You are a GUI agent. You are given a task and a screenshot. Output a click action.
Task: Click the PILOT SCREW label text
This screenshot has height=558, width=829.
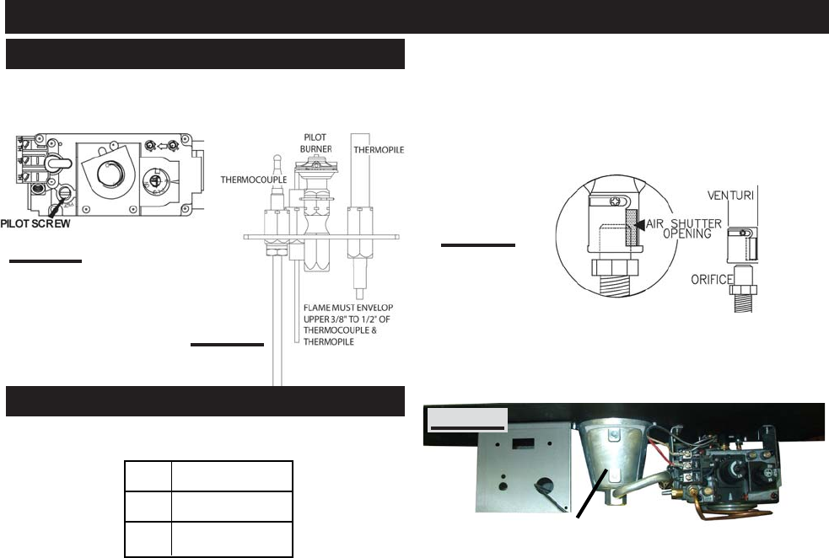coord(35,223)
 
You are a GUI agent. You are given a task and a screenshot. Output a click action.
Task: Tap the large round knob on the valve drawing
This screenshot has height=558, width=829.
coord(110,174)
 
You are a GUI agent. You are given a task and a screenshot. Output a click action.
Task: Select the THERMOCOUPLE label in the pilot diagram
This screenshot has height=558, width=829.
coord(254,180)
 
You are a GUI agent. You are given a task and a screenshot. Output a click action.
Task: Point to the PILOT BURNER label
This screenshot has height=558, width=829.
coord(315,143)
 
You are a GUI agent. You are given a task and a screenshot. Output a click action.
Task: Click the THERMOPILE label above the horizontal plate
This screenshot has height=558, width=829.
coord(379,150)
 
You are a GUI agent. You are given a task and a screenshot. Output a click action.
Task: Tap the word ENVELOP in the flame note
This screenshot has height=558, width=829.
coord(374,308)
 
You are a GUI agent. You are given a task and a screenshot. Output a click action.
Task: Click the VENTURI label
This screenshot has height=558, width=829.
coord(730,196)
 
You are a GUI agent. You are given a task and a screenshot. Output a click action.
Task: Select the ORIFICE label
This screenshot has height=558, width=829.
coord(712,280)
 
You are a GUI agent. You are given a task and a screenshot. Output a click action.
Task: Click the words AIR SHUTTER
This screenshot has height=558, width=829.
coord(684,223)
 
